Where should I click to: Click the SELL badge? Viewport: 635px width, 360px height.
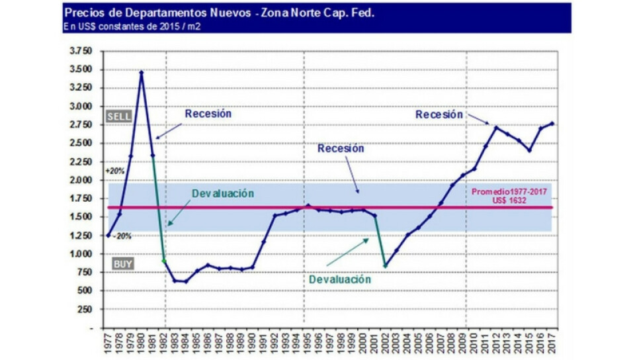(x=119, y=116)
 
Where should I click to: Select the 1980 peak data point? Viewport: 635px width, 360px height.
(x=141, y=71)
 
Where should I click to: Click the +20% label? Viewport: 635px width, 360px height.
(x=114, y=171)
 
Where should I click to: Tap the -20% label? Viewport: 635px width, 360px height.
(x=120, y=236)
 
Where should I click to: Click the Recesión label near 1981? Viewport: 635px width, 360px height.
(x=208, y=114)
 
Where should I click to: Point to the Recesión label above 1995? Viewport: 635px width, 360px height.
(x=341, y=149)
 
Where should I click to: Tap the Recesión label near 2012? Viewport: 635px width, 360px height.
(x=439, y=114)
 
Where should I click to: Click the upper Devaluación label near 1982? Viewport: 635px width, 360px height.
(x=224, y=193)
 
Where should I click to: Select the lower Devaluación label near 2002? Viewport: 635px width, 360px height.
(x=340, y=279)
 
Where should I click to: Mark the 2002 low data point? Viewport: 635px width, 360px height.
(x=385, y=266)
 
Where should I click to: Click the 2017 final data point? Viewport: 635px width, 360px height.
(x=551, y=124)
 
